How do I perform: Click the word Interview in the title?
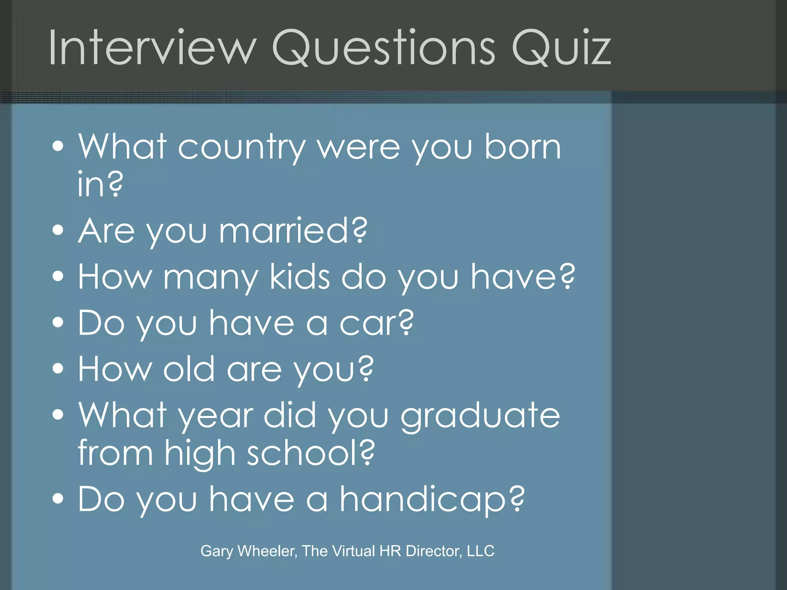152,48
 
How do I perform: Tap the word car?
369,323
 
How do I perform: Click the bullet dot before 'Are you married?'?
58,230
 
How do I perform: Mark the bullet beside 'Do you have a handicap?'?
58,499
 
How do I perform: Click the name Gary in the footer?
217,551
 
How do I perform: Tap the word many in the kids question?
210,277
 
